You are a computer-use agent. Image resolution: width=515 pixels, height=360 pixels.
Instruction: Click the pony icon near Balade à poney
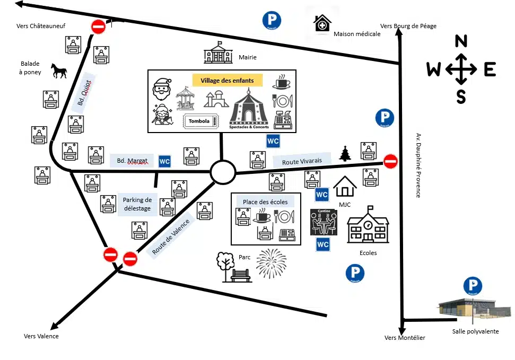pos(59,71)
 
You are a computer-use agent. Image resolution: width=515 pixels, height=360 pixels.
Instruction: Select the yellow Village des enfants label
pos(227,81)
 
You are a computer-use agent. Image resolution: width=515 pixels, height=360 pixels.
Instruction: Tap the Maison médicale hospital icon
pos(322,24)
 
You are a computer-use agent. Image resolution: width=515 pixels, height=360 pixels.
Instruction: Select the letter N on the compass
pos(461,41)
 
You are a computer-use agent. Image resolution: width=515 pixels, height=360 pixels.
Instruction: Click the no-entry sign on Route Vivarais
pos(390,161)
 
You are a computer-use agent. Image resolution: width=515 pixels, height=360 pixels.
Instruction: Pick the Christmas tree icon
pos(345,153)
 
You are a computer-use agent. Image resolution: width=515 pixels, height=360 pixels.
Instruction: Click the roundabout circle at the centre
pos(222,172)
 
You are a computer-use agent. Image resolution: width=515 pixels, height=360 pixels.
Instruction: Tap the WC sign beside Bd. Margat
pos(165,161)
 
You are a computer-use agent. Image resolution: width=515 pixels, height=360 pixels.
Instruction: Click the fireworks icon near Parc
pos(271,263)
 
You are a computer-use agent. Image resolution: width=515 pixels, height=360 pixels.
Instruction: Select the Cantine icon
pos(323,222)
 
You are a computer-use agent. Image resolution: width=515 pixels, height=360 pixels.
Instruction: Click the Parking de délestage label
pos(137,204)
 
